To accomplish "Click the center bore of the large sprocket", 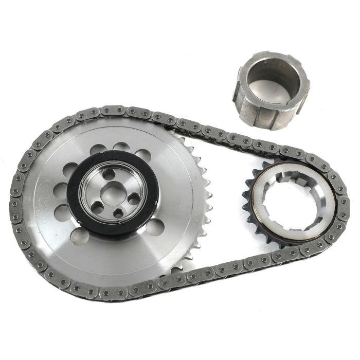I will (109, 194).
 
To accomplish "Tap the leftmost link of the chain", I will (15, 203).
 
